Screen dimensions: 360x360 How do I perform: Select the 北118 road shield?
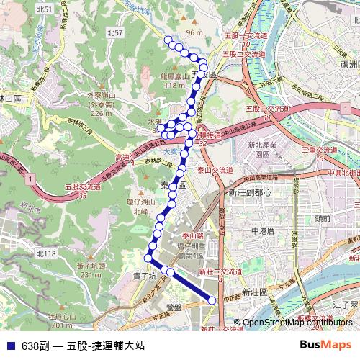(x=45, y=254)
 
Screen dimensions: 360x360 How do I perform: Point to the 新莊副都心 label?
(x=249, y=193)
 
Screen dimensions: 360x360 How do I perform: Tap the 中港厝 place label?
(x=264, y=230)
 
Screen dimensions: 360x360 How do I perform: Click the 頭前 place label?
(x=323, y=216)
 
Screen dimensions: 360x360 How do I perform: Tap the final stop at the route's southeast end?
(x=212, y=300)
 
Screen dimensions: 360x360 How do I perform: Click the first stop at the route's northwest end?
(x=167, y=39)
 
